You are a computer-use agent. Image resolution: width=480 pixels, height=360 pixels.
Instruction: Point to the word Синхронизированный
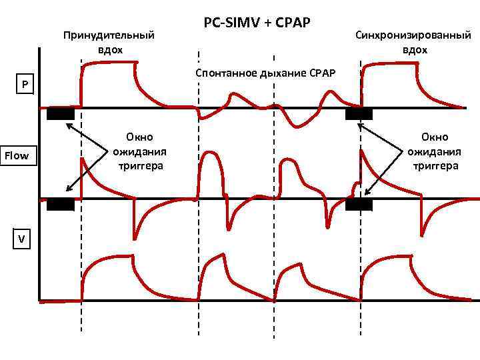click(415, 35)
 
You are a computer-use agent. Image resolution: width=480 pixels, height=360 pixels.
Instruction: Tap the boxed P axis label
click(25, 85)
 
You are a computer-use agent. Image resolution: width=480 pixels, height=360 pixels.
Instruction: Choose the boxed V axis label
click(22, 238)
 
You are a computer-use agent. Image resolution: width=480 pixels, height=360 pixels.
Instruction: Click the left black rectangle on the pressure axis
click(61, 113)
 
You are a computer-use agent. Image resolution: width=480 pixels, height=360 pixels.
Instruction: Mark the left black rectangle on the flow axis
click(61, 205)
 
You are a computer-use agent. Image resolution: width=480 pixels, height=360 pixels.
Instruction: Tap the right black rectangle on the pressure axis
click(359, 113)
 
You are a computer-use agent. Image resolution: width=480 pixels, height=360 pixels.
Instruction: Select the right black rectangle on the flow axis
click(359, 205)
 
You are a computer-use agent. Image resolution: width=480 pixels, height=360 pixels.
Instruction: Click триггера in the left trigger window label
click(140, 165)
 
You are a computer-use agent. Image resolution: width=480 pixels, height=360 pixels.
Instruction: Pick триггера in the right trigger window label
click(435, 165)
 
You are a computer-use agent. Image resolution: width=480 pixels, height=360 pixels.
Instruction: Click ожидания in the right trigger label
click(435, 151)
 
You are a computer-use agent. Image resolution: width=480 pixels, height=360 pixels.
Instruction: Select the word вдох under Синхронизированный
click(415, 49)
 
